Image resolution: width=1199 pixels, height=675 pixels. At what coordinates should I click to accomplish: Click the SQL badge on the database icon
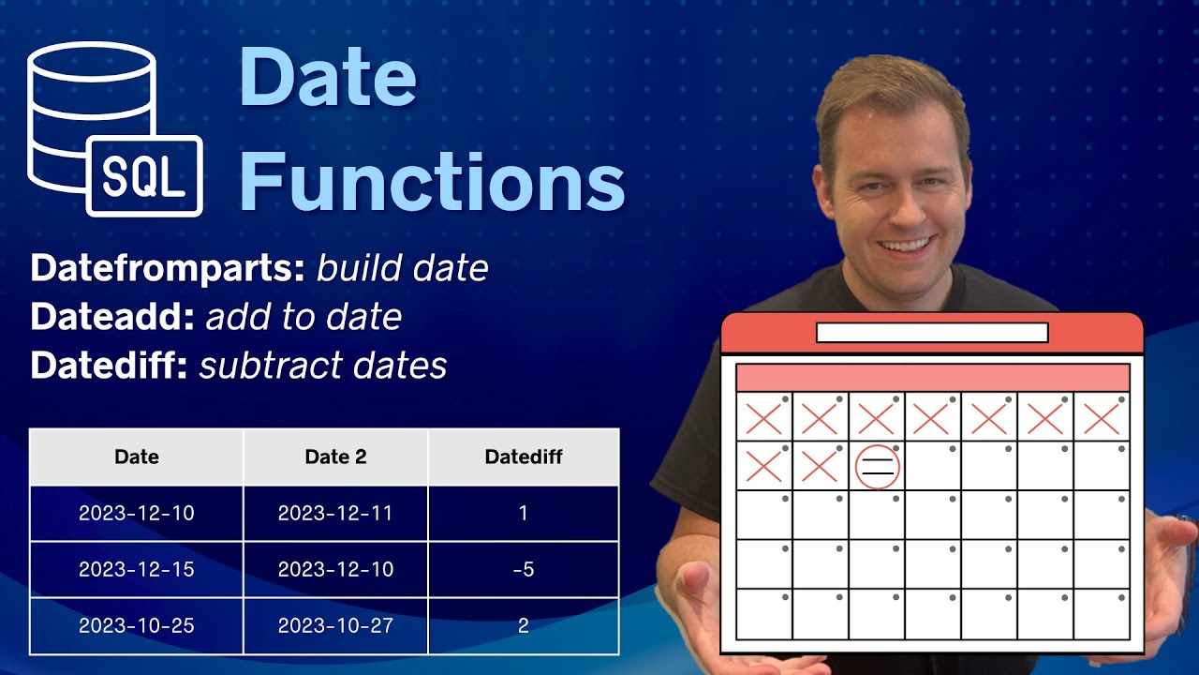click(143, 176)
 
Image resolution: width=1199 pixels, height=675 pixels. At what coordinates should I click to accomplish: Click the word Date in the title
click(327, 77)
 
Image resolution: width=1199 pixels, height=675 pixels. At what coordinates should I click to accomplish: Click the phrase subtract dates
click(323, 366)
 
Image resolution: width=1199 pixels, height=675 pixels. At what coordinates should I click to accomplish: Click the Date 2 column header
click(335, 457)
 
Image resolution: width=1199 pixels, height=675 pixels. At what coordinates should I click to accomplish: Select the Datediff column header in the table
click(523, 457)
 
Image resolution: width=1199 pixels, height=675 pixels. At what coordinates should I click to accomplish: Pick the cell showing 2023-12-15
click(136, 569)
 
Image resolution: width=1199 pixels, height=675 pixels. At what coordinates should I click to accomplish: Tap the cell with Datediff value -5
click(523, 569)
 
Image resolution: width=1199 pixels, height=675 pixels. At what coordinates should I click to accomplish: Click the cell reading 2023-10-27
click(335, 625)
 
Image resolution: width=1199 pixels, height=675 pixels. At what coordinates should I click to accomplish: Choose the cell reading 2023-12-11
click(335, 513)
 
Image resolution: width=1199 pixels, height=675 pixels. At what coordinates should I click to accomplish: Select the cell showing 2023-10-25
click(136, 625)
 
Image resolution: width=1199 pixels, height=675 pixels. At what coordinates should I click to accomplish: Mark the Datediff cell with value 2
click(523, 625)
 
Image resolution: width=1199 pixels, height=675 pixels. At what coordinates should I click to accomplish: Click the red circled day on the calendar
click(877, 467)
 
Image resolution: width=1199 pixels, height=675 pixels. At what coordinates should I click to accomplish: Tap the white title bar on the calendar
click(932, 333)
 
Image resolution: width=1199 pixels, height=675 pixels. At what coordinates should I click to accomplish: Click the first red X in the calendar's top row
click(763, 418)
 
